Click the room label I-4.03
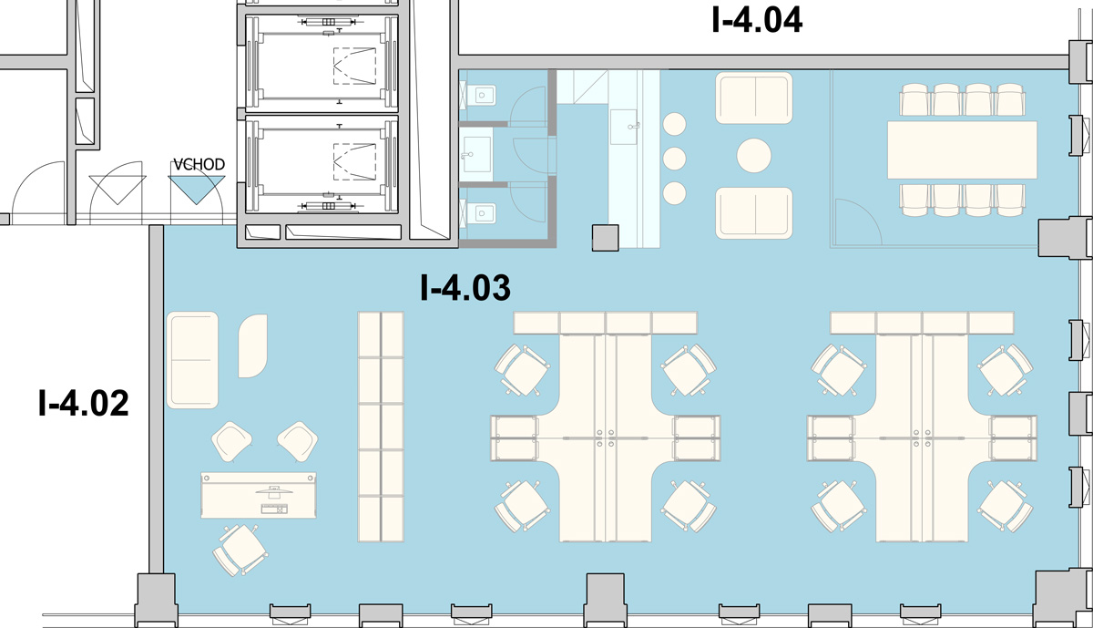(x=465, y=288)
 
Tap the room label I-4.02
(x=84, y=403)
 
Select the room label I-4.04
(x=757, y=20)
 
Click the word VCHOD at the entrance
(x=199, y=165)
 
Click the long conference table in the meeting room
(x=962, y=149)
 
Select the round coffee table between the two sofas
(x=754, y=155)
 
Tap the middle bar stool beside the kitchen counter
(x=674, y=159)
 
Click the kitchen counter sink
(x=624, y=127)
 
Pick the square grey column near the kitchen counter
(x=605, y=238)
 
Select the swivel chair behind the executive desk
(x=240, y=550)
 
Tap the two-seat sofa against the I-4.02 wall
(x=192, y=360)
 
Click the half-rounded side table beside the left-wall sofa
(x=253, y=345)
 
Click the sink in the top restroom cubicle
(x=481, y=95)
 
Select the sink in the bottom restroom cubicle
(x=481, y=213)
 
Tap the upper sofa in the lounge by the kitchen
(x=754, y=98)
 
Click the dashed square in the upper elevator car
(x=354, y=66)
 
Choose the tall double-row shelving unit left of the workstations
(x=381, y=427)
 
